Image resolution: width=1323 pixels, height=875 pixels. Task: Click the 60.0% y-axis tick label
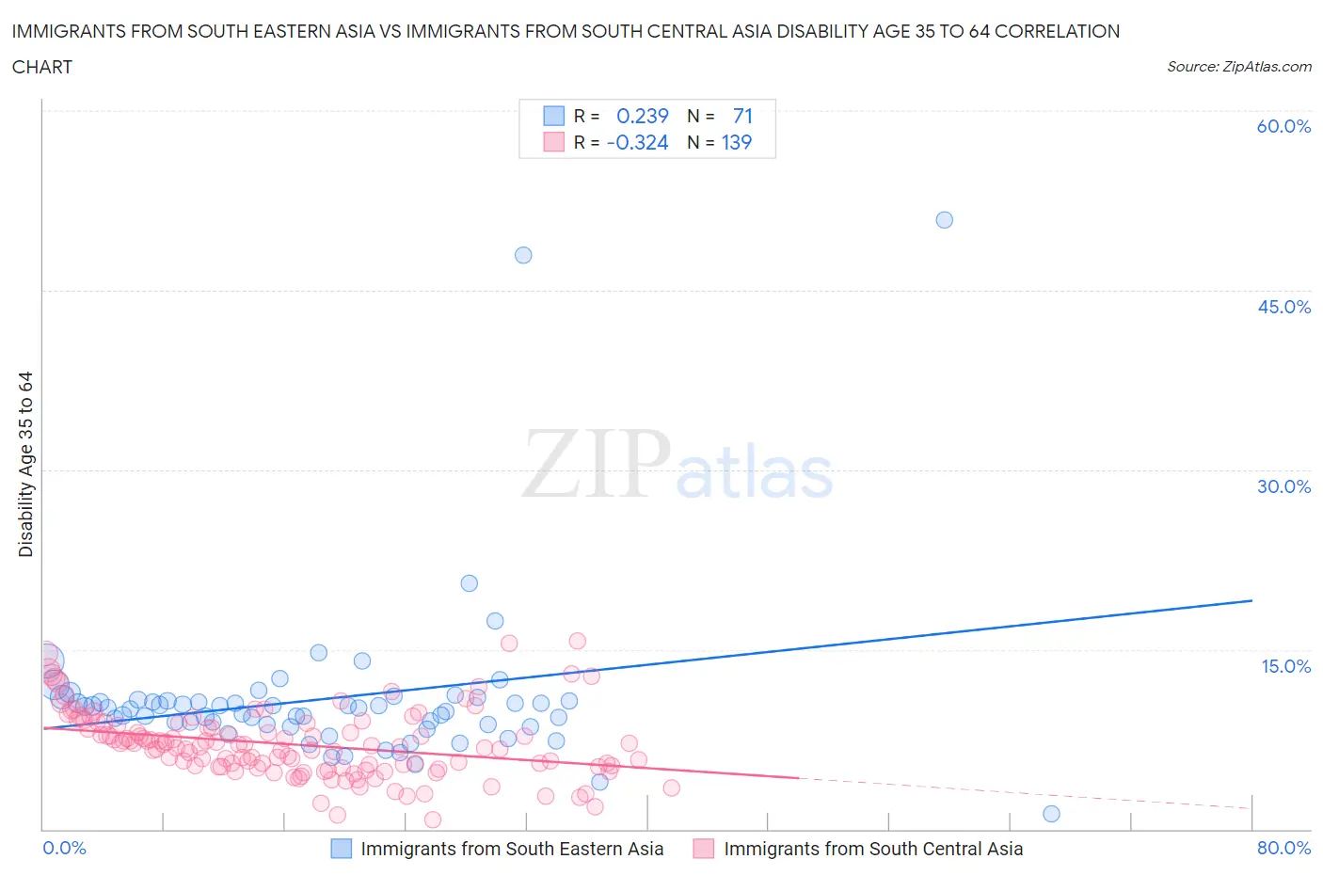pyautogui.click(x=1283, y=126)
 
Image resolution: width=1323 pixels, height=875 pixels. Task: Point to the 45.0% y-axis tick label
pyautogui.click(x=1283, y=307)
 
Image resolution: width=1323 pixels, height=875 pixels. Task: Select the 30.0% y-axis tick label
pyautogui.click(x=1283, y=486)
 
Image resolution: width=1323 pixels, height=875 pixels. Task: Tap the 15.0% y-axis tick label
pyautogui.click(x=1285, y=666)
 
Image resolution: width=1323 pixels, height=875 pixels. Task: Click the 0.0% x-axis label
pyautogui.click(x=65, y=848)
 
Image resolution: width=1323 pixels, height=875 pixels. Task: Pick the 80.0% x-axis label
pyautogui.click(x=1283, y=848)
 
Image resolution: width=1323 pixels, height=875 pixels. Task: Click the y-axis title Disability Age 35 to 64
pyautogui.click(x=25, y=464)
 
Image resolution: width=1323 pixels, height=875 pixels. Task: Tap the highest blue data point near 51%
pyautogui.click(x=944, y=220)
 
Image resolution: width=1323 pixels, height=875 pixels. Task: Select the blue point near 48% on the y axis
pyautogui.click(x=523, y=255)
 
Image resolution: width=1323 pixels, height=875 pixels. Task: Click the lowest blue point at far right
pyautogui.click(x=1051, y=814)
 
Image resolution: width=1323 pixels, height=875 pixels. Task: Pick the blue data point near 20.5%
pyautogui.click(x=469, y=583)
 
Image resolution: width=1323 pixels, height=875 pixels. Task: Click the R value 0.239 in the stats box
pyautogui.click(x=642, y=116)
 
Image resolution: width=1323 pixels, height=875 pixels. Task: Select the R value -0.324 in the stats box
pyautogui.click(x=637, y=142)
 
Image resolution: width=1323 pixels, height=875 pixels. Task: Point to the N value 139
pyautogui.click(x=736, y=142)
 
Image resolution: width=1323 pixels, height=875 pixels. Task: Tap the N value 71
pyautogui.click(x=741, y=116)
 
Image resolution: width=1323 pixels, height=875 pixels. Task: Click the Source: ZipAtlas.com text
pyautogui.click(x=1238, y=66)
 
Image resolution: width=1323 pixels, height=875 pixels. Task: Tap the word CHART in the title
pyautogui.click(x=42, y=67)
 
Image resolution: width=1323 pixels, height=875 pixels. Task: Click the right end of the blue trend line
pyautogui.click(x=1251, y=600)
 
